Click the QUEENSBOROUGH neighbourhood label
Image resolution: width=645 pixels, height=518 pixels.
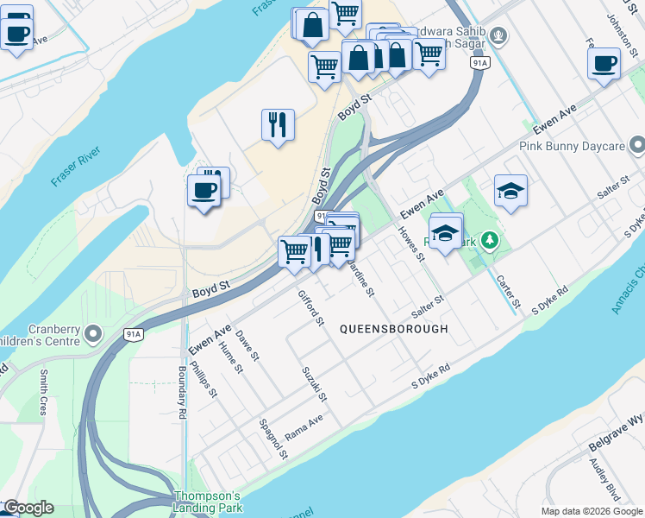[x=394, y=329]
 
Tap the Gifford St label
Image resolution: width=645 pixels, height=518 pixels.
[x=310, y=308]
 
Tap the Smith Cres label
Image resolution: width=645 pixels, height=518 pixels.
[x=44, y=392]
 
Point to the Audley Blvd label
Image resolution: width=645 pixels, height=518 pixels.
[x=604, y=478]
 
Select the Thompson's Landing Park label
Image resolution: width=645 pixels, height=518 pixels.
[x=208, y=502]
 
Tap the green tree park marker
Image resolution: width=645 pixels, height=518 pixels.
[x=490, y=239]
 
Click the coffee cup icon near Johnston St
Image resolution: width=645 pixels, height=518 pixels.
[x=604, y=63]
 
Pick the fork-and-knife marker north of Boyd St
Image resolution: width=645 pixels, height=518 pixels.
[x=278, y=124]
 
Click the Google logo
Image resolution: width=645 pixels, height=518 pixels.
[x=28, y=508]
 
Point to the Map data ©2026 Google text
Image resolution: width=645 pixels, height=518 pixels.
[x=591, y=511]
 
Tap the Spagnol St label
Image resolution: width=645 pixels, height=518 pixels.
[x=273, y=439]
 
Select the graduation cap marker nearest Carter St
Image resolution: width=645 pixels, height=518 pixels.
[x=510, y=191]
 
